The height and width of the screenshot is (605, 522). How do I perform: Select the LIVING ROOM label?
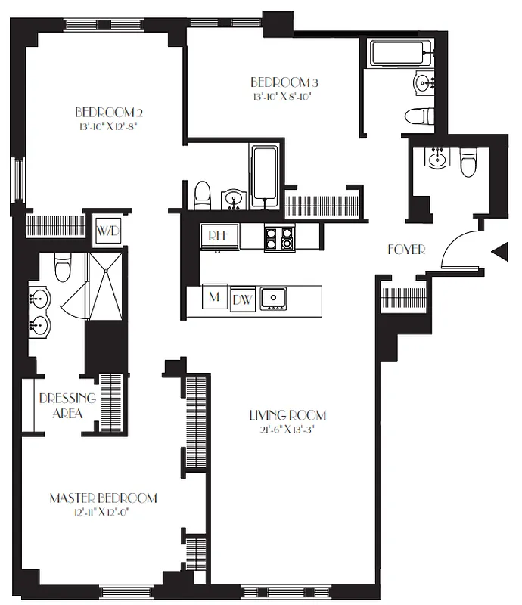tap(287, 414)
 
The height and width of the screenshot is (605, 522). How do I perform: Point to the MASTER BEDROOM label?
tap(104, 498)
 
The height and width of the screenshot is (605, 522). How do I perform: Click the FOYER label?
tap(407, 249)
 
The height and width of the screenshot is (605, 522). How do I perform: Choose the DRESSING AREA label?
tap(67, 406)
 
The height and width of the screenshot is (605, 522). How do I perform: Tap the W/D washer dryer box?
tap(107, 230)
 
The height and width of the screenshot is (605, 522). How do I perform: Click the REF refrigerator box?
tap(219, 236)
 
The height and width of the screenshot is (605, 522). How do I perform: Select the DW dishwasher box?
tap(242, 299)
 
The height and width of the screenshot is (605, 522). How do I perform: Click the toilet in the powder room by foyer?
tap(468, 162)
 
